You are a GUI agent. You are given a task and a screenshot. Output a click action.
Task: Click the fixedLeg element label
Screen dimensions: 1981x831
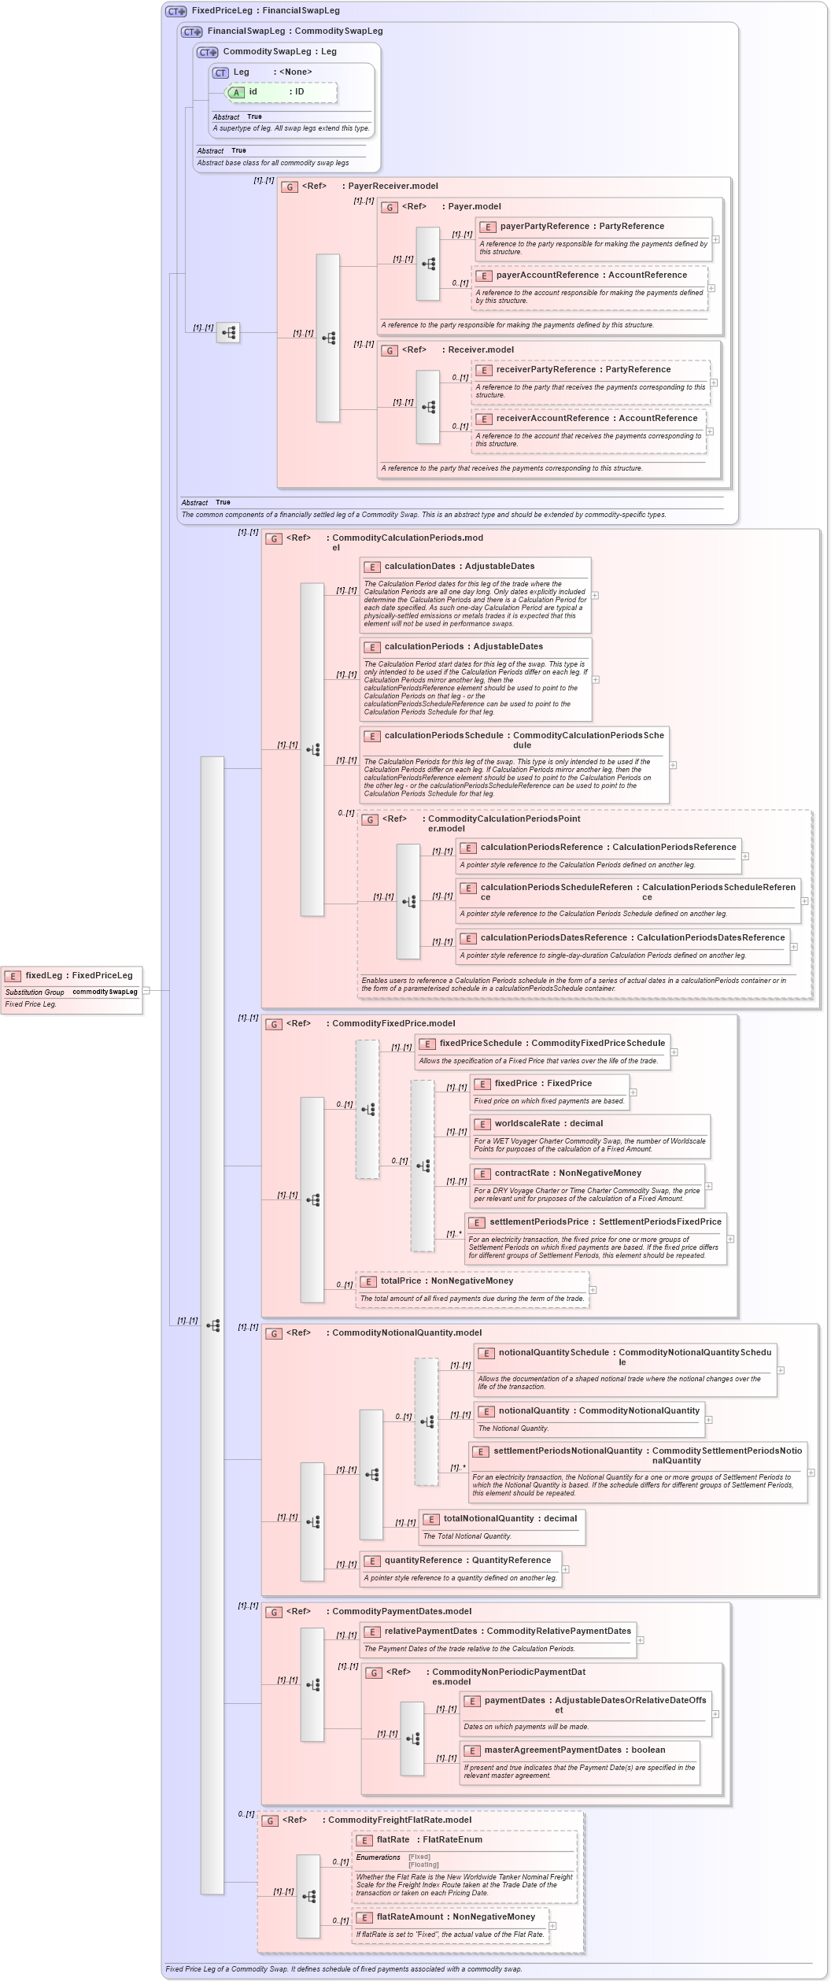(43, 975)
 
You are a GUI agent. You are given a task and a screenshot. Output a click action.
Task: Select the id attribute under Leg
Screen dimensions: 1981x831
(253, 92)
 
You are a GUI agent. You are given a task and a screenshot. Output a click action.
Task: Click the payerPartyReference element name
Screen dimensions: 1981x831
(544, 227)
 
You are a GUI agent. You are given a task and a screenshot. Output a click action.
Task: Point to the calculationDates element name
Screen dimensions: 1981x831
(419, 567)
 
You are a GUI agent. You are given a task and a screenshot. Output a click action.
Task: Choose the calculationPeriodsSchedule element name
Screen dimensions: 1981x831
(444, 736)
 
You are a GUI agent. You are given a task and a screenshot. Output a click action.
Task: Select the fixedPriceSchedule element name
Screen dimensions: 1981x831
(480, 1044)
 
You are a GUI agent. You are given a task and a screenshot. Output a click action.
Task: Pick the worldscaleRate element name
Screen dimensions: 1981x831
(526, 1124)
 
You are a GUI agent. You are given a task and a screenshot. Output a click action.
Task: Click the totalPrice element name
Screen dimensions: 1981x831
(401, 1281)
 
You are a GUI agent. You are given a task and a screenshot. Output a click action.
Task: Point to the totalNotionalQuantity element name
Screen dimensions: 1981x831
(488, 1519)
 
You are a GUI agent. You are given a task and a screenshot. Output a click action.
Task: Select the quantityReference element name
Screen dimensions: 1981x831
(423, 1561)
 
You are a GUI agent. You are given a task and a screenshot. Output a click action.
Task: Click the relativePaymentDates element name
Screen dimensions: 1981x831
(430, 1632)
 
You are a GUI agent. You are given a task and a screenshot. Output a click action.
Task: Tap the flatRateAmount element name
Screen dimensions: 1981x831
(409, 1917)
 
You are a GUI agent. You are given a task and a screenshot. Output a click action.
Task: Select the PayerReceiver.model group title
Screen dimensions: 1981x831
(393, 187)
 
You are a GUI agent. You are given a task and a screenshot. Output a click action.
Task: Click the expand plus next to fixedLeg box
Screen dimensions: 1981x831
(146, 991)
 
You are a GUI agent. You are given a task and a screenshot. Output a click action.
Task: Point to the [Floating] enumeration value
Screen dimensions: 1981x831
(423, 1865)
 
